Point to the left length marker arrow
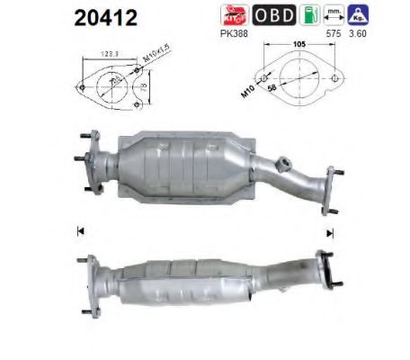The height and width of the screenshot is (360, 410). point(80,230)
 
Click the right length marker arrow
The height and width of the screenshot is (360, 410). point(330,231)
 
